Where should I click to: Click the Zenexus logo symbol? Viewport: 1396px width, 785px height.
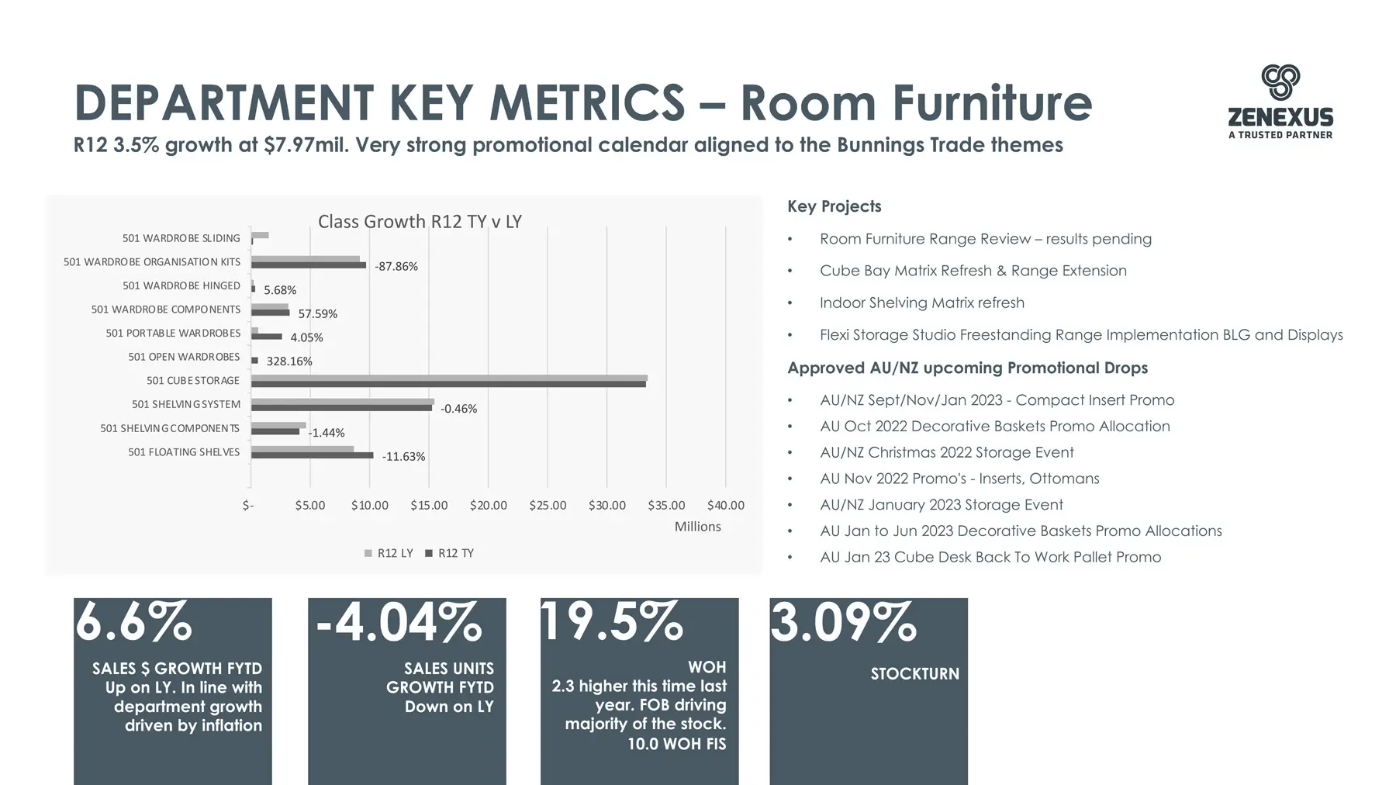(1280, 82)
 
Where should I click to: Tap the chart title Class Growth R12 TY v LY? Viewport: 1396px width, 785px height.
(420, 222)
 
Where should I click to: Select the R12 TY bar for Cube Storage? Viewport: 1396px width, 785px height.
(448, 384)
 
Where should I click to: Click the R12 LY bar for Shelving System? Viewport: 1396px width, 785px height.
(343, 402)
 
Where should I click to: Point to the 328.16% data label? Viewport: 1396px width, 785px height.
(289, 361)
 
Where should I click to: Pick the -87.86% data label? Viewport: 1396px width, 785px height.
(396, 266)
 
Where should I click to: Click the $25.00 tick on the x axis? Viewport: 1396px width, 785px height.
(548, 505)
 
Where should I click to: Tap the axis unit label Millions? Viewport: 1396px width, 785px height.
(697, 526)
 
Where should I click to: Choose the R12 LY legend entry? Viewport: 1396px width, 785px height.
(389, 553)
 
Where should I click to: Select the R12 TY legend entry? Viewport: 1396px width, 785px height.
(449, 553)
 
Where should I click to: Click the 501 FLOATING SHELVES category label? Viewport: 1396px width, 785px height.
(184, 452)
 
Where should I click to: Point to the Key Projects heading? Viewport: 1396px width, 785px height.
(834, 206)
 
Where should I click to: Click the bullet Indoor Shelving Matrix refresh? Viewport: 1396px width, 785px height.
(922, 303)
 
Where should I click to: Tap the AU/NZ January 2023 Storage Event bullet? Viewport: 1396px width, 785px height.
(942, 504)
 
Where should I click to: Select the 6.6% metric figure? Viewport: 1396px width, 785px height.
(133, 621)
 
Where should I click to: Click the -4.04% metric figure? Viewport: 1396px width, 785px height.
(399, 621)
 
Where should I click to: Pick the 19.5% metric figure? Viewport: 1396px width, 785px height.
(612, 621)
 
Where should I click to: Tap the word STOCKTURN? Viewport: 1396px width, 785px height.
(915, 673)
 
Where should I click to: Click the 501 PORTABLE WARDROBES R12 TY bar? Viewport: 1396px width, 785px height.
(267, 337)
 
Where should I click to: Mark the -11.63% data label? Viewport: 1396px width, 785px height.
(403, 456)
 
